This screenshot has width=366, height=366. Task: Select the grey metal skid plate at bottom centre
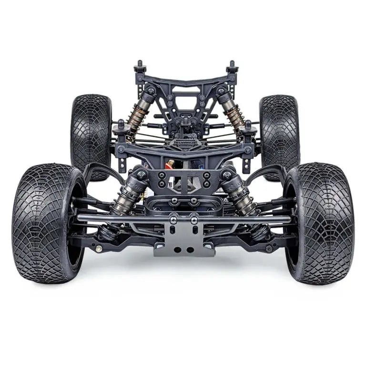coord(183,238)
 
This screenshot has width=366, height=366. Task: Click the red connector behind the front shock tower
coord(170,165)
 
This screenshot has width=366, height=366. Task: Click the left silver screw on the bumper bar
coord(174,220)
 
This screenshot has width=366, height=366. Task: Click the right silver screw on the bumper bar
coord(194,220)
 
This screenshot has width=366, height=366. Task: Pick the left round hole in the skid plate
coord(177,249)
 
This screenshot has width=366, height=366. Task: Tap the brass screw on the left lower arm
coord(99,248)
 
